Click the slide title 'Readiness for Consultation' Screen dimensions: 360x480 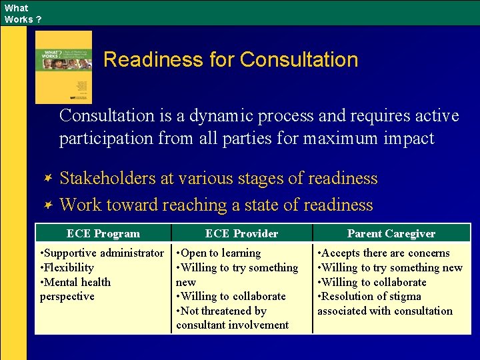231,60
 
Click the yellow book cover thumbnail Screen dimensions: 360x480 64,67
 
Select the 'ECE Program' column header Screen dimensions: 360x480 103,233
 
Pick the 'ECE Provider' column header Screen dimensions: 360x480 241,233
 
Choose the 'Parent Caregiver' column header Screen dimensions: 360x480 391,233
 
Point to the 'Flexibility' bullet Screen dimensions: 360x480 69,267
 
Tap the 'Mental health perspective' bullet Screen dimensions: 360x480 75,289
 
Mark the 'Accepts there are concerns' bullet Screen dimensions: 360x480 385,253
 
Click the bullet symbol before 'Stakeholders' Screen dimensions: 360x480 48,179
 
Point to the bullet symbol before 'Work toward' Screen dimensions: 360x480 48,205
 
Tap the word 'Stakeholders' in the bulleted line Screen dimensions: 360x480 108,179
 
